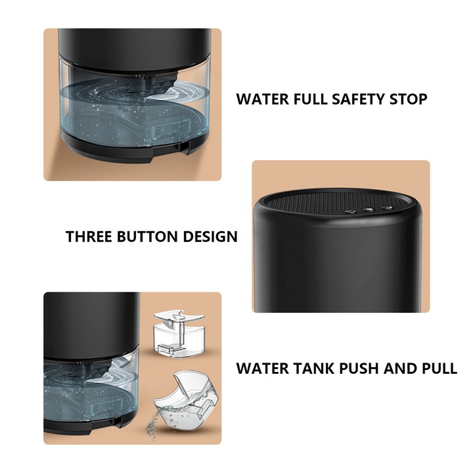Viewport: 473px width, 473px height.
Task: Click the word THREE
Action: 89,236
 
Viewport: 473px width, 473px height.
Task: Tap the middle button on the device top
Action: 369,210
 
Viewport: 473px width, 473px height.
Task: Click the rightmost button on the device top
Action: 386,208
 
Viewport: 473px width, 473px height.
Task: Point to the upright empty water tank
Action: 179,333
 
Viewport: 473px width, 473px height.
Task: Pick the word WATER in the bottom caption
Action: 262,369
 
